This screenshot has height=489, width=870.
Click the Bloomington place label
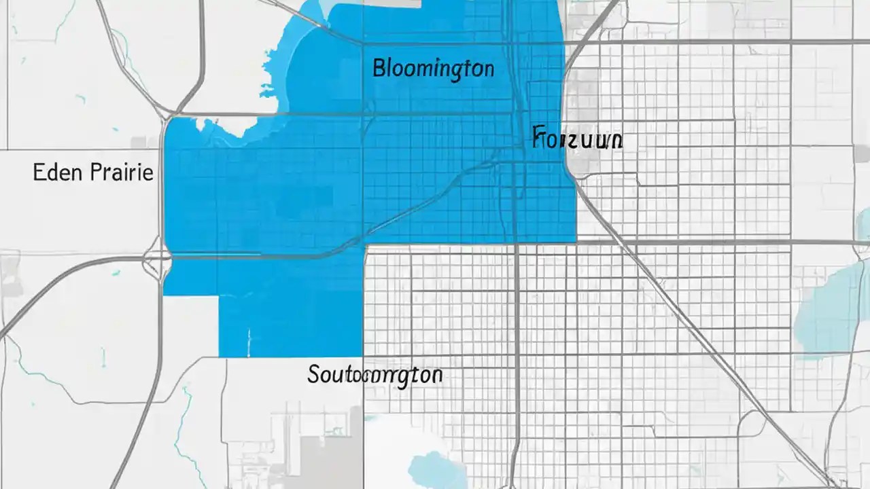(433, 69)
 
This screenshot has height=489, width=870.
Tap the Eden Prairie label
(93, 173)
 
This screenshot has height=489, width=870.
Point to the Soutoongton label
(375, 374)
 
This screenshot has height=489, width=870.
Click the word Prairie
(122, 173)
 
